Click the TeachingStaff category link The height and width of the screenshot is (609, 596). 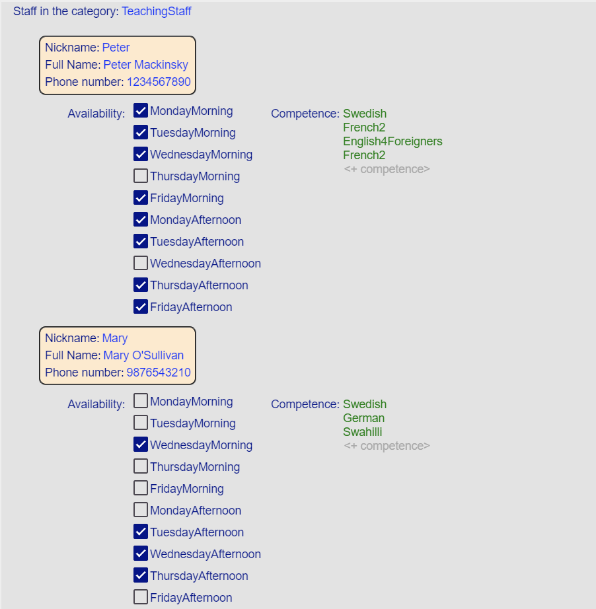(156, 11)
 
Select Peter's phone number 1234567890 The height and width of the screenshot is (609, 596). (159, 82)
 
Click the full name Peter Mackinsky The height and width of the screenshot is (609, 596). (145, 65)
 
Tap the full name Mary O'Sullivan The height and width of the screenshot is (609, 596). (143, 355)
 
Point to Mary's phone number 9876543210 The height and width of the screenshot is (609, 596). (159, 373)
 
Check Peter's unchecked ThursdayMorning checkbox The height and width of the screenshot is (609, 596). (141, 176)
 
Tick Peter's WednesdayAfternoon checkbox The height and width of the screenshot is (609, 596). (141, 263)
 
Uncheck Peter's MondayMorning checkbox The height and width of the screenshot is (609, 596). (141, 110)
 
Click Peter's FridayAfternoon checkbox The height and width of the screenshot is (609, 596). (141, 306)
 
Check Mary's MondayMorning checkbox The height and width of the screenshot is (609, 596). (141, 401)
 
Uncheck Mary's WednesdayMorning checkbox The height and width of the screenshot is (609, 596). (141, 445)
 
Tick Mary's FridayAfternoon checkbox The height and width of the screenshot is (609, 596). (141, 597)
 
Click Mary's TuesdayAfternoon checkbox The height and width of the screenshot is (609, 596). (141, 532)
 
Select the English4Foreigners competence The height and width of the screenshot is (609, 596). (392, 141)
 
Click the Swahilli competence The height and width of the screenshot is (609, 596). (362, 432)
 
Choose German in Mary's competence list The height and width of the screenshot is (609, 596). (363, 418)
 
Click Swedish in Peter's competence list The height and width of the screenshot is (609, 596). (365, 114)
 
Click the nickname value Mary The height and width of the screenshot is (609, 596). (115, 338)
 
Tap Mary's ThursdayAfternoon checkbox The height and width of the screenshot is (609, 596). (141, 575)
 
